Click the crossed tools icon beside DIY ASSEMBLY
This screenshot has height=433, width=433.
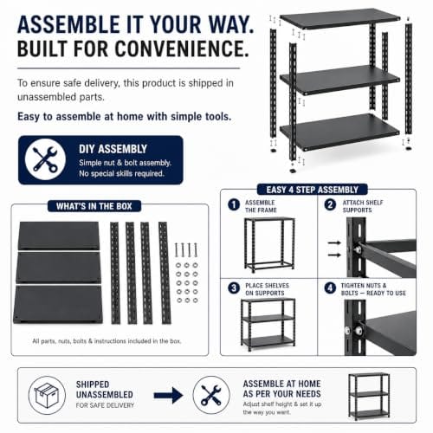pos(45,159)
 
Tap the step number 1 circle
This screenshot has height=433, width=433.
pos(234,205)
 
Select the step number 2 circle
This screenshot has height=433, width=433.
pos(330,205)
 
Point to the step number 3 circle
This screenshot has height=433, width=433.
pos(234,288)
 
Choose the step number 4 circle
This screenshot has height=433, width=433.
pos(330,288)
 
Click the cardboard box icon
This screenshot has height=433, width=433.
pos(47,395)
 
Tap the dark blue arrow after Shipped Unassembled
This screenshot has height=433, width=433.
pos(168,395)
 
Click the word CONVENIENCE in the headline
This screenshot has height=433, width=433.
pos(182,48)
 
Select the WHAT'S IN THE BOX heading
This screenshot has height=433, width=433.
pos(94,206)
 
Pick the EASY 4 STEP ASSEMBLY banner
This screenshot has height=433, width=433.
pos(313,190)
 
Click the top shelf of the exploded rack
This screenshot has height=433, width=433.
pos(340,18)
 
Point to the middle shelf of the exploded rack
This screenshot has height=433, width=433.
pos(340,80)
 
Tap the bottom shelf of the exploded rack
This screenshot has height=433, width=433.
pos(340,132)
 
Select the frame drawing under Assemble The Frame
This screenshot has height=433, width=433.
pos(269,245)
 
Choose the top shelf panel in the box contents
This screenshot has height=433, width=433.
pos(59,236)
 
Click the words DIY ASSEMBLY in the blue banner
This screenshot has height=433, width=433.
pos(113,149)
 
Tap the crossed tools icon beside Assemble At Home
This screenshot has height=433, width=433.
pos(211,395)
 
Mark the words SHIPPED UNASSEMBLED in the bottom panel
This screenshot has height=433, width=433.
pos(105,390)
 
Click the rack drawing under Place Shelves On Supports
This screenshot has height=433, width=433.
pos(268,325)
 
